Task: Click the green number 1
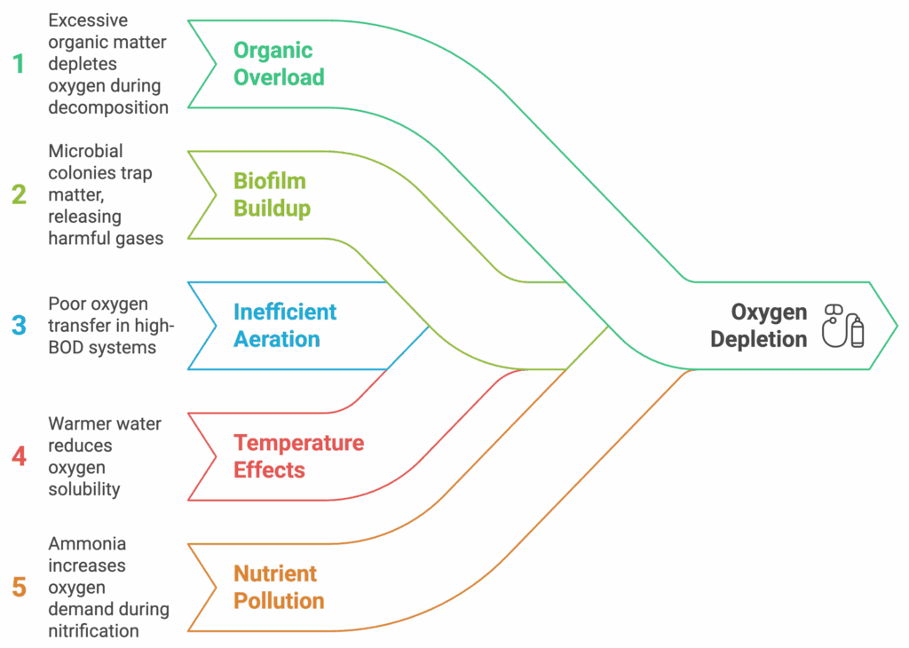pos(20,64)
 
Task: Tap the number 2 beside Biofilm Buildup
pos(20,194)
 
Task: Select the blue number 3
pos(20,326)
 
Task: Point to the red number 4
pos(20,457)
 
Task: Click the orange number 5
pos(20,587)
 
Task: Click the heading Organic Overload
pos(279,64)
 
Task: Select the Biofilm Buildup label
pos(272,194)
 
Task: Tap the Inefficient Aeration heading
pos(285,326)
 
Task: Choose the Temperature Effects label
pos(298,457)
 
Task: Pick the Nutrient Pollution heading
pos(279,587)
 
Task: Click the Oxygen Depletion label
pos(759,326)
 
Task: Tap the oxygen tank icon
pos(843,326)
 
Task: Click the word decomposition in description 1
pos(108,107)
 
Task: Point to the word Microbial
pos(86,151)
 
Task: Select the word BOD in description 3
pos(66,348)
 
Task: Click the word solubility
pos(84,490)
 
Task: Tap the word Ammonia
pos(87,543)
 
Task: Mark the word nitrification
pos(93,630)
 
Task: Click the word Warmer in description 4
pos(75,424)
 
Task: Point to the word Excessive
pos(88,20)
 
